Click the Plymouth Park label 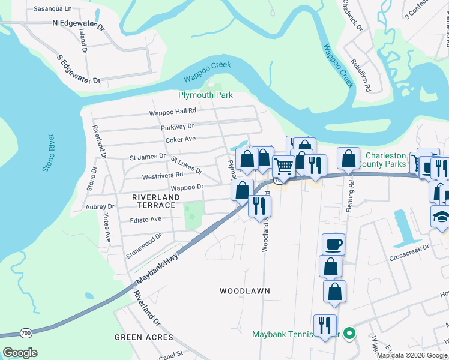pyautogui.click(x=205, y=95)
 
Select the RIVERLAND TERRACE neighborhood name pyautogui.click(x=154, y=205)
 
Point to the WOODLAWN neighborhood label pyautogui.click(x=244, y=291)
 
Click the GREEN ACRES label pyautogui.click(x=144, y=338)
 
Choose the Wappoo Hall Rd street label pyautogui.click(x=173, y=112)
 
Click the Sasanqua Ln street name pyautogui.click(x=52, y=9)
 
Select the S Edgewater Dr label pyautogui.click(x=78, y=70)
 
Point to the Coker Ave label pyautogui.click(x=181, y=139)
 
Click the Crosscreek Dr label pyautogui.click(x=409, y=247)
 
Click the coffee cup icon pyautogui.click(x=333, y=244)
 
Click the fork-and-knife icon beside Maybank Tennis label pyautogui.click(x=325, y=325)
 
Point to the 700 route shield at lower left pyautogui.click(x=26, y=332)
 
